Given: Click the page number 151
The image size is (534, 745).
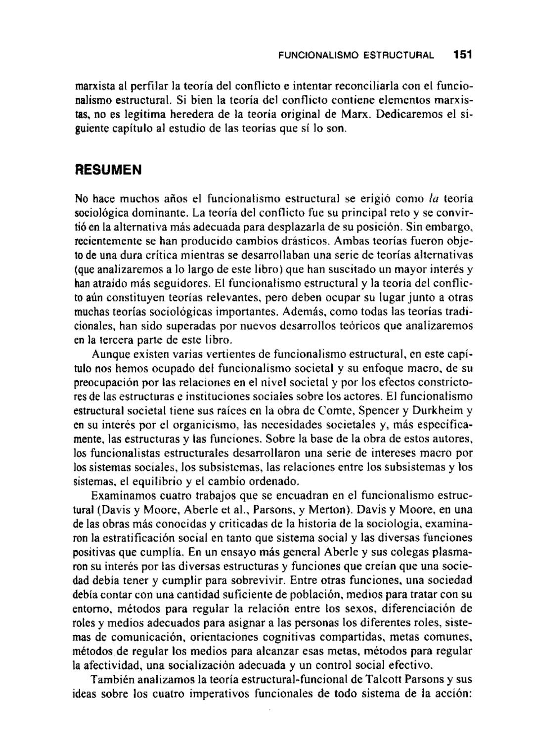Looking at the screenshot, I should [x=462, y=54].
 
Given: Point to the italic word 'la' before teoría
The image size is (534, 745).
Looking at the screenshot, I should [x=434, y=198].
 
